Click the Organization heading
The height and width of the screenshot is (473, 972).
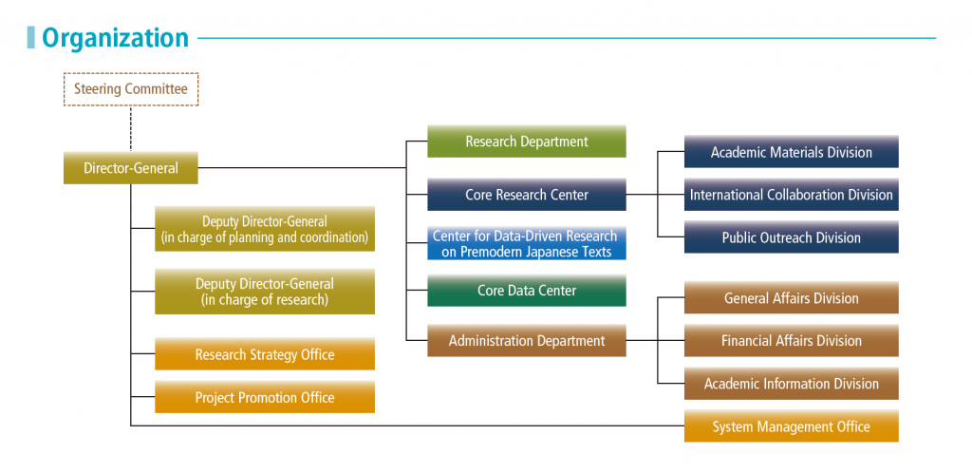click(115, 38)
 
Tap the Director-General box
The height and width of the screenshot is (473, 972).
click(131, 168)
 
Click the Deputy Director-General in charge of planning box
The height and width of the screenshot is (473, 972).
click(265, 229)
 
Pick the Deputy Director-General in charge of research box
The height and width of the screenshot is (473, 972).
click(265, 292)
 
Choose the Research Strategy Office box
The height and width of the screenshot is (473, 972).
click(265, 354)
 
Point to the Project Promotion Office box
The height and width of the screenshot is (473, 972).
click(265, 397)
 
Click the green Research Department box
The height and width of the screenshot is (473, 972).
click(527, 142)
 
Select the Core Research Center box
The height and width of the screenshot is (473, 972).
click(527, 195)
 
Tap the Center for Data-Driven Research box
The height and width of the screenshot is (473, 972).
click(527, 243)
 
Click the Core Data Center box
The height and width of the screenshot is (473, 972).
click(527, 291)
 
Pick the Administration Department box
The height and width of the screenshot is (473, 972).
click(527, 340)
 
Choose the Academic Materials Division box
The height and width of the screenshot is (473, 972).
click(792, 152)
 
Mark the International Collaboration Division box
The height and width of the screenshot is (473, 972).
click(792, 195)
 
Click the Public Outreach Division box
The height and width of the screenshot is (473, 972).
click(792, 237)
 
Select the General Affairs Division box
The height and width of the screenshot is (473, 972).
click(792, 298)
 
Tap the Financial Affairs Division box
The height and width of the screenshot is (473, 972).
click(792, 340)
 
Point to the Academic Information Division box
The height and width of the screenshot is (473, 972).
click(792, 384)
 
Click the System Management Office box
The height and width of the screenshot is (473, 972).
click(792, 426)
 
